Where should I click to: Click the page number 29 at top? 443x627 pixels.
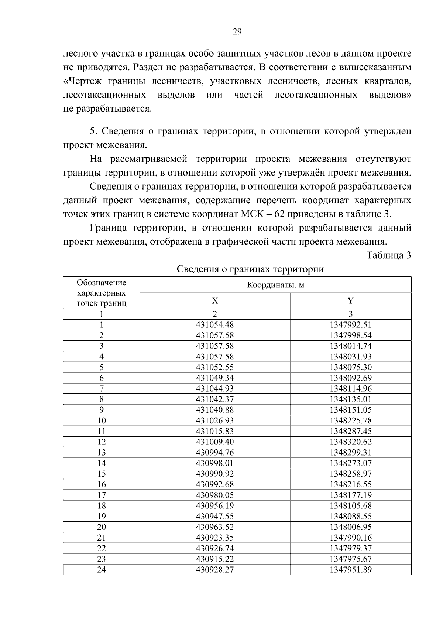click(237, 32)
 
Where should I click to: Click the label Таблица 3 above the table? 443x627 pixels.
click(388, 255)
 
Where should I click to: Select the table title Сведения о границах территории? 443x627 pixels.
click(250, 269)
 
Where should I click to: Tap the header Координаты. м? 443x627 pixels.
click(275, 285)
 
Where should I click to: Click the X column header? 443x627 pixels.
click(214, 301)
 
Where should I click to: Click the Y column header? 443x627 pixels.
click(350, 301)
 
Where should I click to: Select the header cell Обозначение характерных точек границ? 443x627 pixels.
click(102, 293)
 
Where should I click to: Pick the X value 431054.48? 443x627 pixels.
click(214, 325)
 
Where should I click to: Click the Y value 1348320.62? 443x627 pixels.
click(350, 442)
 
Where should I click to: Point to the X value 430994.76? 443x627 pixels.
click(214, 453)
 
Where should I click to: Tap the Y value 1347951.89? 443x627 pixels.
click(350, 570)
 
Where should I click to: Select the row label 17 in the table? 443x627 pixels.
click(102, 495)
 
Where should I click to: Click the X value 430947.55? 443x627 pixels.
click(214, 517)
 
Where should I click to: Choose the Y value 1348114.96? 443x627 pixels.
click(350, 389)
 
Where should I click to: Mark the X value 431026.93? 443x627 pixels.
click(214, 420)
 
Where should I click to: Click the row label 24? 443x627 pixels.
click(102, 570)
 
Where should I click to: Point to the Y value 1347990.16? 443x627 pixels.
click(350, 538)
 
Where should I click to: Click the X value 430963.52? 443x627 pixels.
click(214, 527)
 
